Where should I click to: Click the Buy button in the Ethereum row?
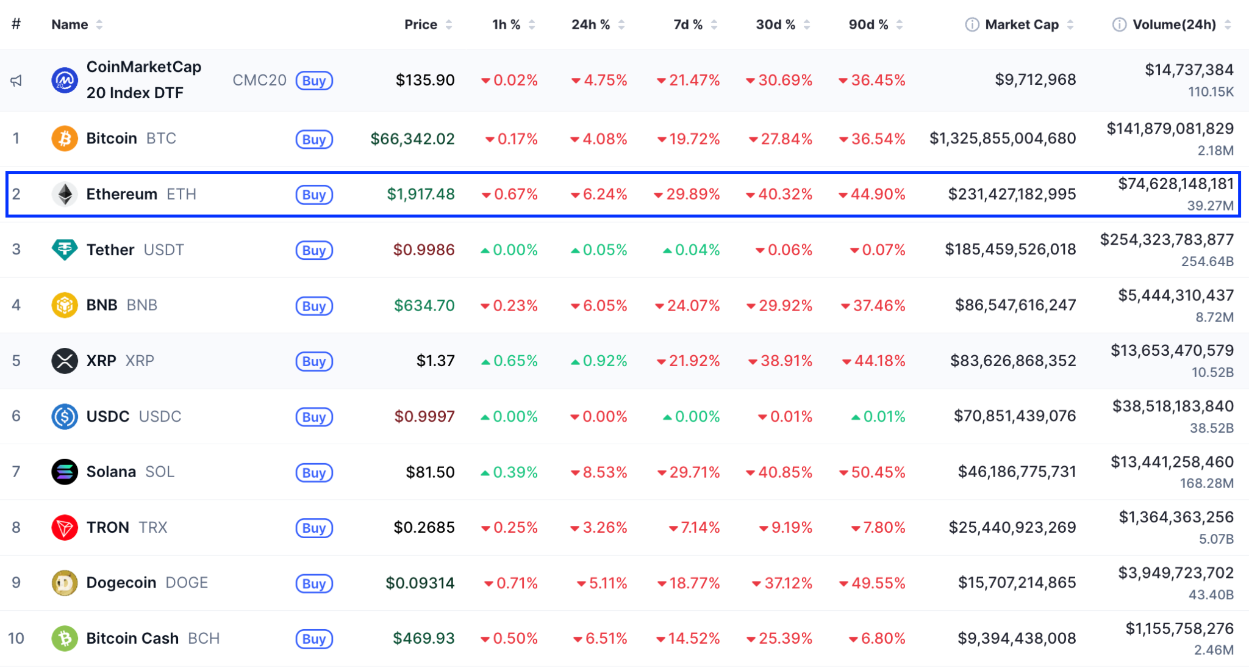pos(314,195)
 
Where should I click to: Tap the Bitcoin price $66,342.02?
pos(412,139)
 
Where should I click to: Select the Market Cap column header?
pos(1022,24)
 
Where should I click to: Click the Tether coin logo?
pos(65,250)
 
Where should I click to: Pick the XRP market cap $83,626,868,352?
pos(1012,361)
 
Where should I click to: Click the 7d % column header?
pos(687,24)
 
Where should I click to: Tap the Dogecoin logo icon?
pos(65,583)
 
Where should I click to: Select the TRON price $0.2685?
pos(424,527)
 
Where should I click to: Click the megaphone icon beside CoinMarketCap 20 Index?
pos(16,81)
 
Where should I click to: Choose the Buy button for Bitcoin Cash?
pos(314,639)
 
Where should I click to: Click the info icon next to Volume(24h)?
pos(1119,24)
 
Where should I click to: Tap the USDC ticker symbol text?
pos(160,416)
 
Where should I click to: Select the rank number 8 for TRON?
pos(16,527)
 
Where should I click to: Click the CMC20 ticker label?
pos(259,81)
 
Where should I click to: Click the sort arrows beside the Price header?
pos(449,24)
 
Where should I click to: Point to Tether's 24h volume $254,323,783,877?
pos(1167,240)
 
